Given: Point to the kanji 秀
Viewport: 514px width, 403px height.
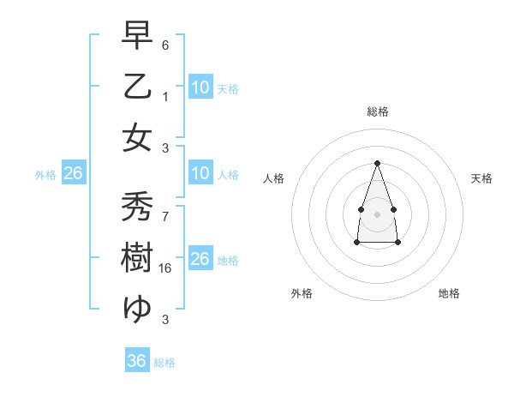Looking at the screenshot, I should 137,207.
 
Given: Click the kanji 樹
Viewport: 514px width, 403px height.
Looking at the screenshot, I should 137,258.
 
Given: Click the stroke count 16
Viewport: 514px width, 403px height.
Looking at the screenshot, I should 166,268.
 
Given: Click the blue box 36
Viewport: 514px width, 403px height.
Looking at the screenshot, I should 137,361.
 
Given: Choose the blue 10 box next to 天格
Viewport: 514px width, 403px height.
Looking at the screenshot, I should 200,87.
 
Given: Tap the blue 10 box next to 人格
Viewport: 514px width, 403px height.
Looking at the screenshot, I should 200,173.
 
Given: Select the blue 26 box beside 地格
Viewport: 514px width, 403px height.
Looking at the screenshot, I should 200,259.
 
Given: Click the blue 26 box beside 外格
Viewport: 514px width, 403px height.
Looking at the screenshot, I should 73,173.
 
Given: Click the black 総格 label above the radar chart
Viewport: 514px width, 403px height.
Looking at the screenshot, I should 377,111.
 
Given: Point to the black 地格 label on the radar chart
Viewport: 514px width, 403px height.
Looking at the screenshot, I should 449,293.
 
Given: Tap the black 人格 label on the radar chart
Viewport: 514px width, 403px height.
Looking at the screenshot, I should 274,178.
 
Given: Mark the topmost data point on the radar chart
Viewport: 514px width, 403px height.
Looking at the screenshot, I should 377,162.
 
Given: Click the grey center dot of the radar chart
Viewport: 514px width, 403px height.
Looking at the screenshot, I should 377,213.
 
